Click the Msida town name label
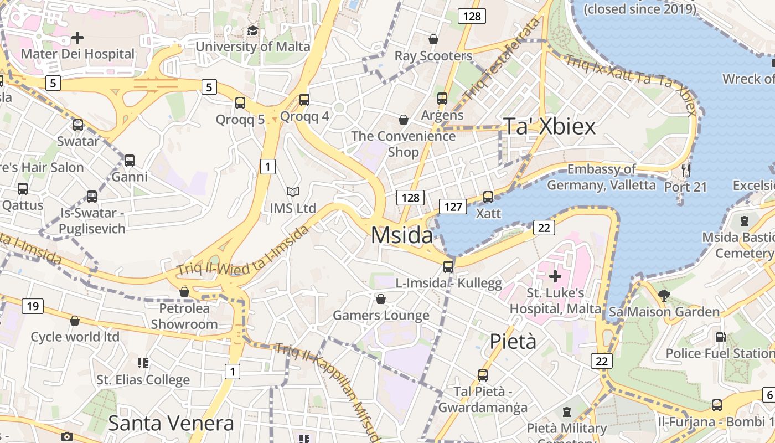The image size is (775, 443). (402, 235)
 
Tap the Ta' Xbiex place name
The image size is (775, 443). (549, 127)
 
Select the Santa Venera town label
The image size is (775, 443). (171, 424)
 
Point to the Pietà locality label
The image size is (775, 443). (513, 341)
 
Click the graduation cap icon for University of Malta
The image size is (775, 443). (252, 31)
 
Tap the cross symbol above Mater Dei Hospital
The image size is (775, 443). (77, 38)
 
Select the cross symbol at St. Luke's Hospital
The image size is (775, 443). (555, 276)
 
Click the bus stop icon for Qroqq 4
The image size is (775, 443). (304, 100)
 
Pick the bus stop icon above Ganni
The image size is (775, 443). (130, 161)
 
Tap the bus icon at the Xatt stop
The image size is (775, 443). (488, 197)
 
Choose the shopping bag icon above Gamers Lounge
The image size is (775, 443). (381, 300)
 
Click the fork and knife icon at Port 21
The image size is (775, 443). (686, 170)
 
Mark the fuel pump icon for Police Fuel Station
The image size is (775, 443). (721, 337)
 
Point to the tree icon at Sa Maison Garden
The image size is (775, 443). (664, 296)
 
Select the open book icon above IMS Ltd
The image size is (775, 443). (293, 192)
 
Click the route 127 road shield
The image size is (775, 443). (453, 207)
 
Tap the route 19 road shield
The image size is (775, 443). (33, 306)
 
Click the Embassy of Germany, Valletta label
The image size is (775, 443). (601, 177)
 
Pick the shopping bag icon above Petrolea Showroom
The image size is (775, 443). (184, 292)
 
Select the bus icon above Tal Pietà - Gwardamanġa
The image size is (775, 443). (483, 375)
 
